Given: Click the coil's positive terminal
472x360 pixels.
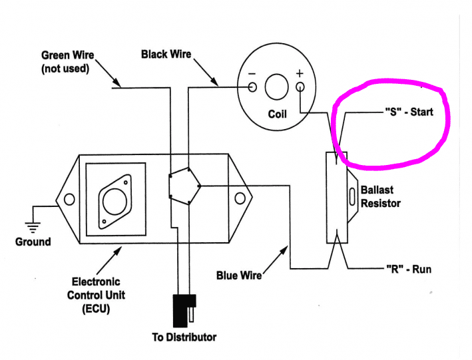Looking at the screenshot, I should pos(300,87).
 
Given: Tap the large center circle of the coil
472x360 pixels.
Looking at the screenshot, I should pos(276,87).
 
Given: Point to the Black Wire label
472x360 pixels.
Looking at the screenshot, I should pos(166,54).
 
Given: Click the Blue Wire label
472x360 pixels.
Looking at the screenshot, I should pos(238,275).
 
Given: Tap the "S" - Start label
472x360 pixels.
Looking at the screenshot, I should pos(409,112).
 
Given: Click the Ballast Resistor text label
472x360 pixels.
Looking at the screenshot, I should pos(380,196).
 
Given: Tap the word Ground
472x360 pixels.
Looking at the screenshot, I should pos(33,242).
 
